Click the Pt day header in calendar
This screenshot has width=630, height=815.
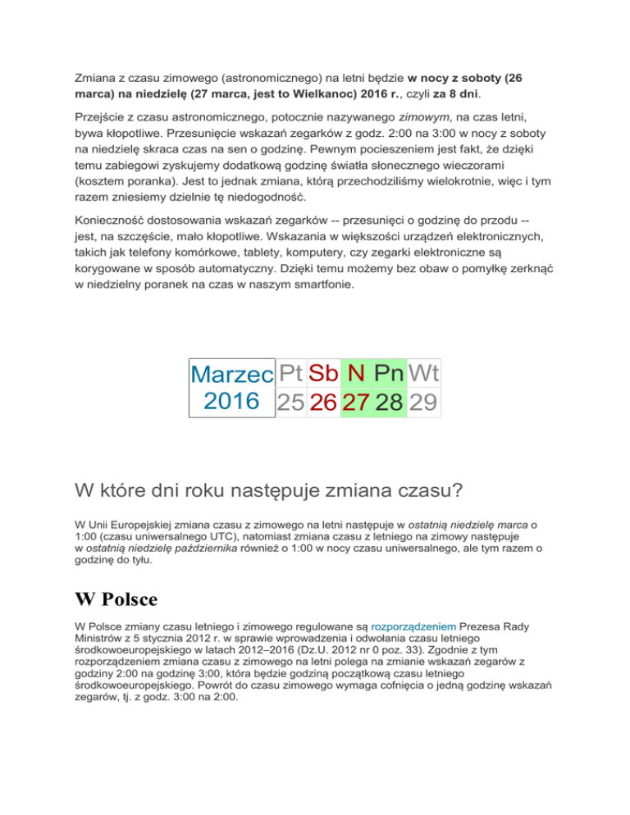click(290, 374)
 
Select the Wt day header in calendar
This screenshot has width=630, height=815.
click(424, 374)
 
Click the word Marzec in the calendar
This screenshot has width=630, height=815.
click(231, 376)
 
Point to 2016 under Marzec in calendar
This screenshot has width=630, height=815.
click(231, 403)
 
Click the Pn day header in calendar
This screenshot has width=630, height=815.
click(391, 374)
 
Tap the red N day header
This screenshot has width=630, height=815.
click(357, 374)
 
